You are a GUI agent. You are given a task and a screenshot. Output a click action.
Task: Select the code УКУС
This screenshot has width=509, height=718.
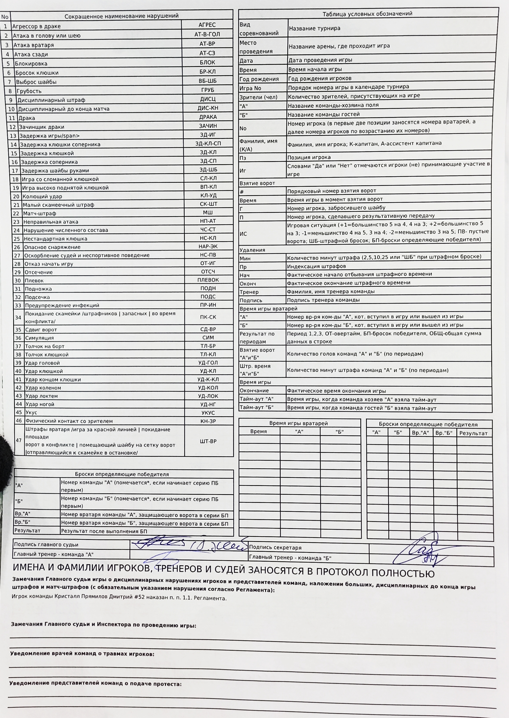tap(208, 413)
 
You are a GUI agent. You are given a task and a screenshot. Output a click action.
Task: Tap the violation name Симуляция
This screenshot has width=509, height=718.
tap(39, 338)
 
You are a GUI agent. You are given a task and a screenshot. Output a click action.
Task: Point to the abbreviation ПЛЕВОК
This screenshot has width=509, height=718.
tap(208, 280)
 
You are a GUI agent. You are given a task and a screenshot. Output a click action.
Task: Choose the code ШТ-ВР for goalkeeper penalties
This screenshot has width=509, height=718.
tap(208, 441)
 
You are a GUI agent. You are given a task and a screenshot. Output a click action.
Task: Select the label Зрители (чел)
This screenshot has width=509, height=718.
tap(259, 97)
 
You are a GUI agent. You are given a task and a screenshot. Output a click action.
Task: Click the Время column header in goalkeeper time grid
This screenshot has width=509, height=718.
tap(259, 432)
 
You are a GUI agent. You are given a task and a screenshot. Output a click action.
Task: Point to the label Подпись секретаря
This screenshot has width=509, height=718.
tap(275, 547)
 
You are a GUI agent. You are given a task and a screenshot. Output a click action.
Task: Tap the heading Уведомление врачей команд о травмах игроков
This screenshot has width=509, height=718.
tap(82, 654)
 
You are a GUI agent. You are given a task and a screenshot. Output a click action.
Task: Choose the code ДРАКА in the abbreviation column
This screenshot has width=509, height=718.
tap(208, 117)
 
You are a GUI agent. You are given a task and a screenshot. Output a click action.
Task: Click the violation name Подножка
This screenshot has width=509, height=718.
tap(38, 289)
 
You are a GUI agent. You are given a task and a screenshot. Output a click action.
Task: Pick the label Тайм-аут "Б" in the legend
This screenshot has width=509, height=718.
tap(257, 408)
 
